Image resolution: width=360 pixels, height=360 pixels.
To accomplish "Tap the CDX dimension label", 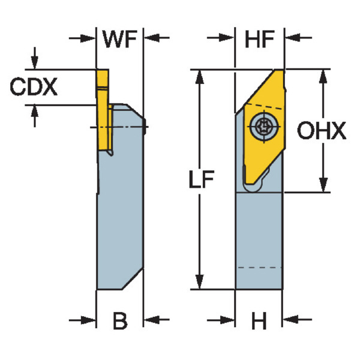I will click(34, 88).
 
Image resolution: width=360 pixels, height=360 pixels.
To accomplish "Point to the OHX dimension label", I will click(323, 131).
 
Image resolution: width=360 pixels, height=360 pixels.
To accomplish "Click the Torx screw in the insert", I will click(262, 125).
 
